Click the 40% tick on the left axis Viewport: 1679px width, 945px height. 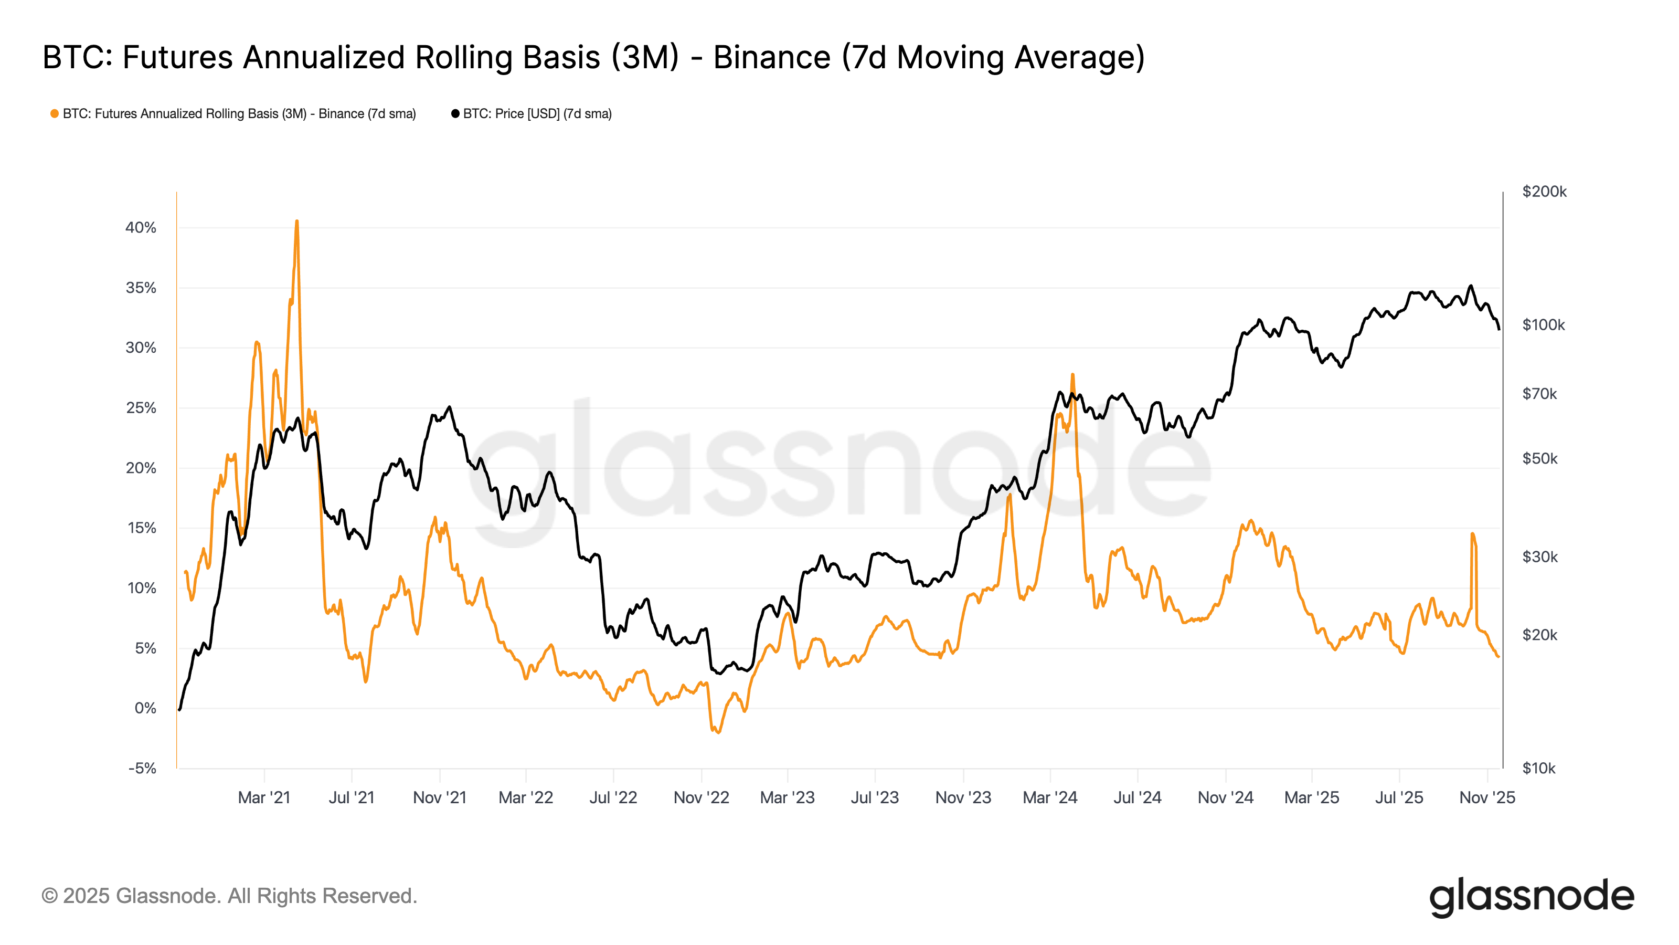click(141, 228)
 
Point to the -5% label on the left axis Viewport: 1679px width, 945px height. click(142, 768)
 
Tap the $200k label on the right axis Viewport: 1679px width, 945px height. click(1544, 191)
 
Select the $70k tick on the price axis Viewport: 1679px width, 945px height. click(1539, 393)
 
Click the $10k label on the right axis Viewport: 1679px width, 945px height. click(1538, 768)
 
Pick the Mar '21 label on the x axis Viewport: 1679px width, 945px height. click(264, 797)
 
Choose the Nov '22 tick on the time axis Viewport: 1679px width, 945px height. click(702, 797)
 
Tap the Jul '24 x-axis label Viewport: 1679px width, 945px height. click(1138, 797)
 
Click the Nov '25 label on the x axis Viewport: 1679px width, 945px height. click(1487, 797)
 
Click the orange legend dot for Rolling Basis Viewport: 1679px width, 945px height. click(55, 113)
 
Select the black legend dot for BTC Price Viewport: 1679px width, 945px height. click(455, 113)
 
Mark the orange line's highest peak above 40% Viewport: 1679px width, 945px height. click(296, 222)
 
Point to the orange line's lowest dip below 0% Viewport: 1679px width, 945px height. click(718, 732)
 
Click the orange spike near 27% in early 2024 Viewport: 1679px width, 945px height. click(1072, 375)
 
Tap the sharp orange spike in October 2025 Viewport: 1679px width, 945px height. click(1472, 534)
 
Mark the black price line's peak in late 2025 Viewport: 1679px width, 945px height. click(1470, 286)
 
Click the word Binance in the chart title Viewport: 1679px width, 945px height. click(772, 57)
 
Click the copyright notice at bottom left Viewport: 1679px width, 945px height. click(229, 896)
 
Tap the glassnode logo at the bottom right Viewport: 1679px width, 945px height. click(1531, 897)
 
